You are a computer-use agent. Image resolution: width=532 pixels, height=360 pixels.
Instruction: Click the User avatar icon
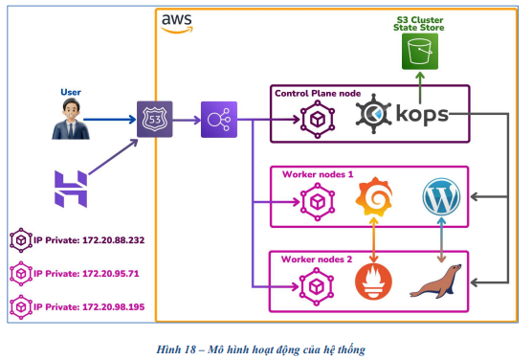point(64,122)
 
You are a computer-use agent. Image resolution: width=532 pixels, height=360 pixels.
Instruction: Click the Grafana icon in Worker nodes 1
point(375,201)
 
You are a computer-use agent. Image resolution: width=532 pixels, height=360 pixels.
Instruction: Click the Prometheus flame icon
point(375,283)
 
